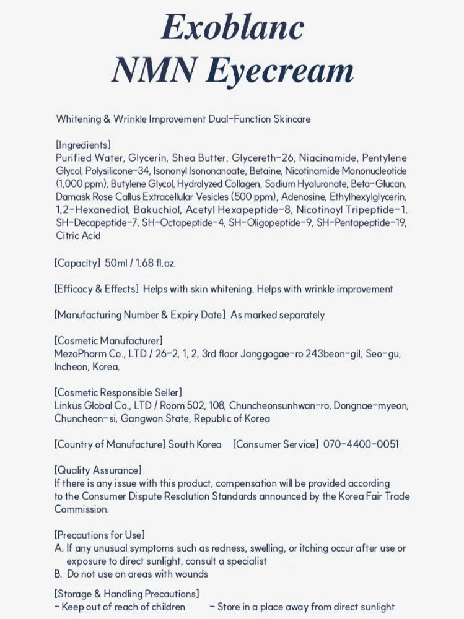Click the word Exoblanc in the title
pos(232,27)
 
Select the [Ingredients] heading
pos(84,145)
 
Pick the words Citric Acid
pos(78,236)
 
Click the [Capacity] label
pos(77,263)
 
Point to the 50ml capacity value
pos(116,263)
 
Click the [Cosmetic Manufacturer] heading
pos(108,340)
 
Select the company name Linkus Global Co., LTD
pos(103,405)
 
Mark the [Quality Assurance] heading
pos(98,470)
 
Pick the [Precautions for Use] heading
pos(100,535)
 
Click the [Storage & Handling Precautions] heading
pos(127,594)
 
